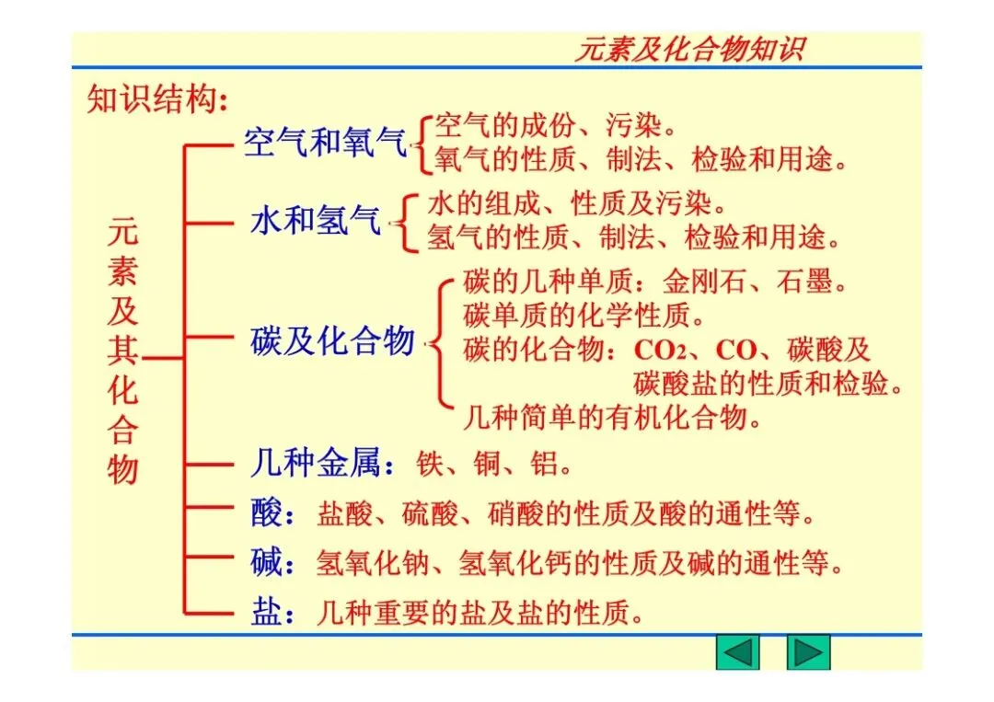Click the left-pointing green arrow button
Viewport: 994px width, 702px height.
pos(738,652)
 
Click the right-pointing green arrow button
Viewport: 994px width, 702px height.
pos(808,652)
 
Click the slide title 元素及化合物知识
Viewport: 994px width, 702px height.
pos(689,49)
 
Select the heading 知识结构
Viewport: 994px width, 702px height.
pos(156,98)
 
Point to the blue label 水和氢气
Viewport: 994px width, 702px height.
pos(315,221)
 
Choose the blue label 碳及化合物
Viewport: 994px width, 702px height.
pos(332,341)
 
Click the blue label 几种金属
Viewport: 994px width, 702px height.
pos(315,462)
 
